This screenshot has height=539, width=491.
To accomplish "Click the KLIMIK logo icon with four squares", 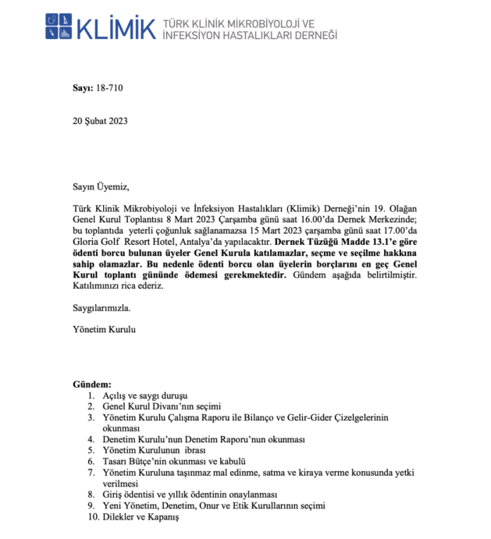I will (x=60, y=25).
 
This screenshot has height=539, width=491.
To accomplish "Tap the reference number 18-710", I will (x=110, y=88).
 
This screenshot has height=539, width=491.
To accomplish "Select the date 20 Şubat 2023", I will (x=100, y=121).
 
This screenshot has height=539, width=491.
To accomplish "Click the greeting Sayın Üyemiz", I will (x=98, y=187).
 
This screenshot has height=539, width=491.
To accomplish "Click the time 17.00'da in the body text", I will (x=405, y=231).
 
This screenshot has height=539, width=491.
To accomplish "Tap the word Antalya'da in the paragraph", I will (x=222, y=243).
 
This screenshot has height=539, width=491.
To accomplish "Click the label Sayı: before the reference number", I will (x=82, y=88).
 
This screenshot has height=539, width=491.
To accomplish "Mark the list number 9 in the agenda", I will (x=91, y=505).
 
